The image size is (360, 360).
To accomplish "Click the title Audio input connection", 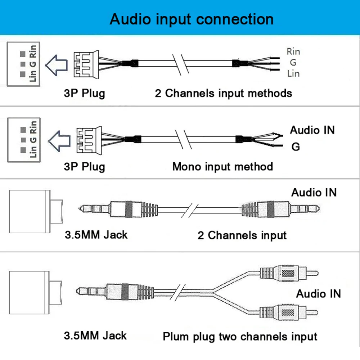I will point(191,19).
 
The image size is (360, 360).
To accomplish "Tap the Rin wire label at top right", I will point(293,51).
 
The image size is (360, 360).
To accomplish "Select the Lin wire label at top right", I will point(293,73).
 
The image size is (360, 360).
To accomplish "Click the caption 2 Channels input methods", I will point(223,93).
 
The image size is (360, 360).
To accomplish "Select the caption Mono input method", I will point(222,167).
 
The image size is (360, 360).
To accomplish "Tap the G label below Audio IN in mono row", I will point(295,147).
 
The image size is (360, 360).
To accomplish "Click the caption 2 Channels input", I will point(242,235).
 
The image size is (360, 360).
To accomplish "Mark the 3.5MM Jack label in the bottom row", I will point(95,336).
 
